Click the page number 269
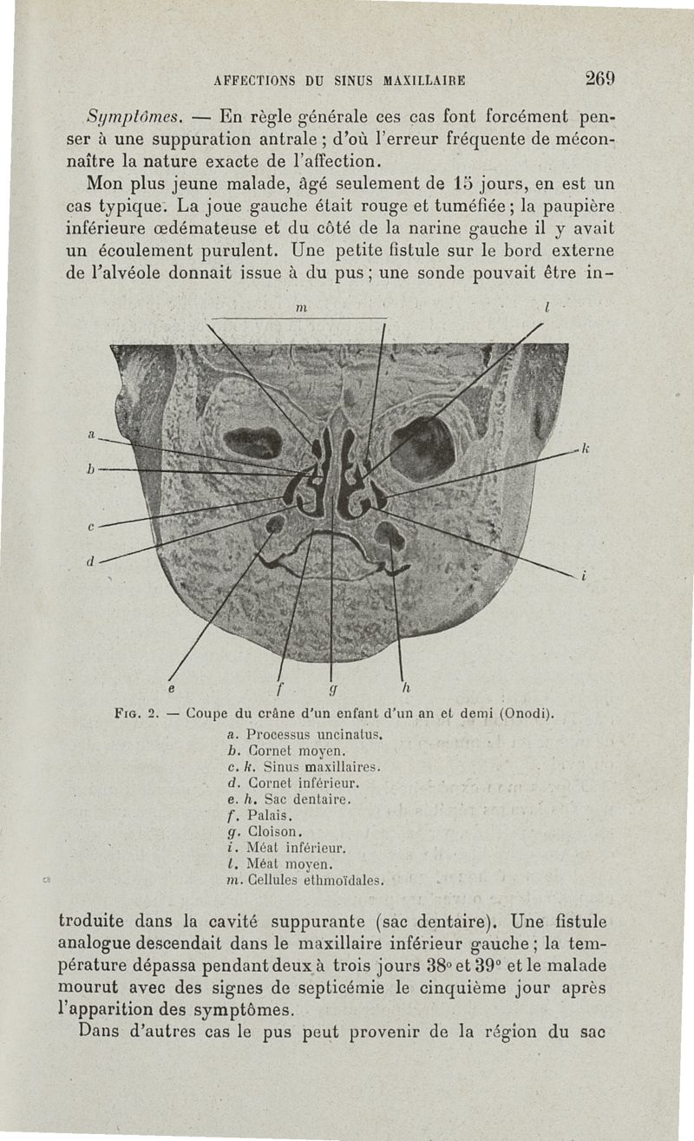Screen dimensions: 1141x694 [x=600, y=78]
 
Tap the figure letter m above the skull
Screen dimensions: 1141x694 [x=300, y=308]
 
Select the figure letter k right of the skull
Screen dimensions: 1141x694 [x=585, y=448]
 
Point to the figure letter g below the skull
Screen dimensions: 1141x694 [x=332, y=692]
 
